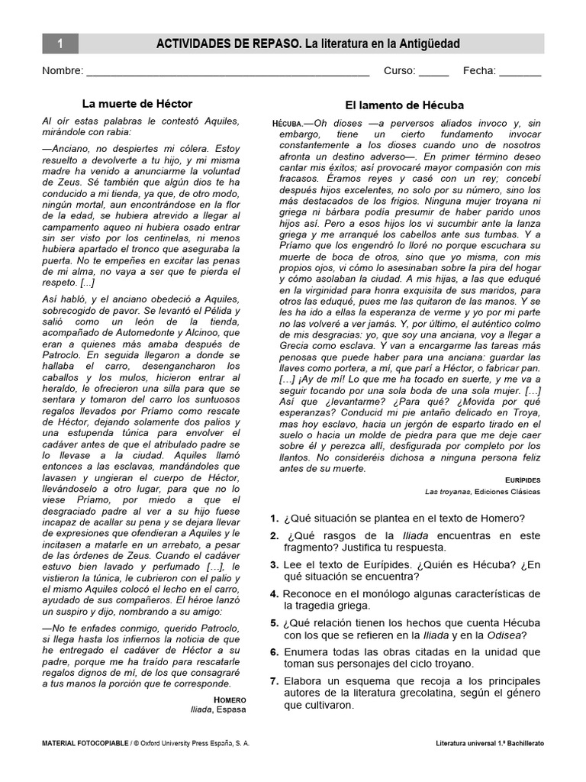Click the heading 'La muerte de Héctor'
pyautogui.click(x=137, y=103)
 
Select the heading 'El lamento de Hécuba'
pyautogui.click(x=404, y=105)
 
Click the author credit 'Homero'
pyautogui.click(x=230, y=699)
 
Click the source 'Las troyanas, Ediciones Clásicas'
pyautogui.click(x=482, y=492)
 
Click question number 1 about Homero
pyautogui.click(x=273, y=519)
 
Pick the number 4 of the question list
pyautogui.click(x=273, y=593)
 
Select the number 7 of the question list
pyautogui.click(x=273, y=680)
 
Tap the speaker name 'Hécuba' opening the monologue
pyautogui.click(x=288, y=124)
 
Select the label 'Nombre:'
pyautogui.click(x=63, y=71)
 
